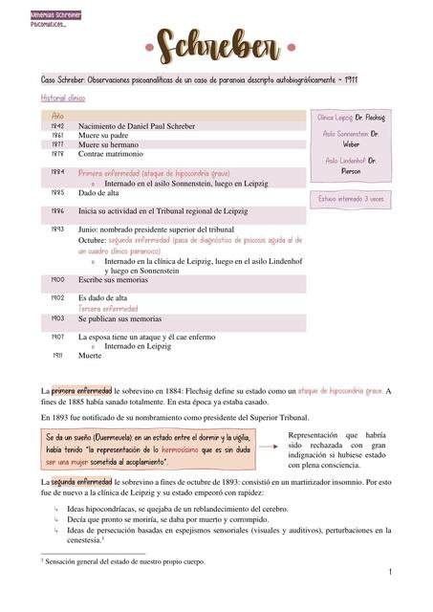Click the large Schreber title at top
(x=215, y=43)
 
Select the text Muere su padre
(x=104, y=136)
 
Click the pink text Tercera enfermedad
(x=108, y=309)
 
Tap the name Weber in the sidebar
(x=351, y=143)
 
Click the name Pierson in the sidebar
(x=351, y=171)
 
